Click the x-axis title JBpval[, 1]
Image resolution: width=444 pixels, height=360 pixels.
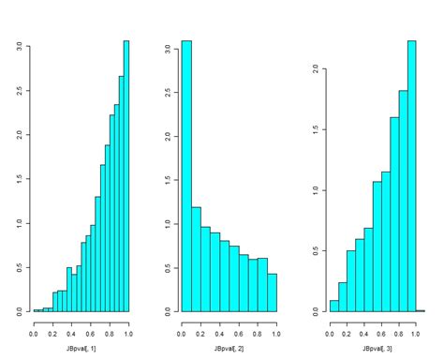click(x=81, y=347)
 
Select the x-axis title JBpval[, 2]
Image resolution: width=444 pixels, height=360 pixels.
click(x=229, y=347)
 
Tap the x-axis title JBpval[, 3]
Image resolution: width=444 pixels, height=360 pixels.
click(x=376, y=347)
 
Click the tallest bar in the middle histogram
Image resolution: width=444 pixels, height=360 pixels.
click(x=185, y=176)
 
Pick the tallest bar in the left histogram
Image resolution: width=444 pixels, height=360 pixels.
click(x=126, y=176)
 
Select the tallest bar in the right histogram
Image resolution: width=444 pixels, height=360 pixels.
click(x=411, y=176)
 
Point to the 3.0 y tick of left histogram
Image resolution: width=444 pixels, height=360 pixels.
click(x=18, y=44)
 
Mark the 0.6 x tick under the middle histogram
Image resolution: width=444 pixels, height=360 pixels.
click(x=240, y=332)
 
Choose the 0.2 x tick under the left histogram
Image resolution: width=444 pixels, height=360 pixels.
click(x=52, y=332)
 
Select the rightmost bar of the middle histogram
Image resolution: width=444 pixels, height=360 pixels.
click(x=272, y=292)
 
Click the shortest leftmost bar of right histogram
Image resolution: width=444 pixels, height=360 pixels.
click(x=333, y=306)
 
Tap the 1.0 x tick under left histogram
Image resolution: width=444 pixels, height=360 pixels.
click(x=128, y=332)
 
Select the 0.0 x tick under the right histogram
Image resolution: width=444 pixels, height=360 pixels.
click(x=330, y=332)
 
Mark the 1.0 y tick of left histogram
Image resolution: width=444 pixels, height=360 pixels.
click(x=18, y=222)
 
